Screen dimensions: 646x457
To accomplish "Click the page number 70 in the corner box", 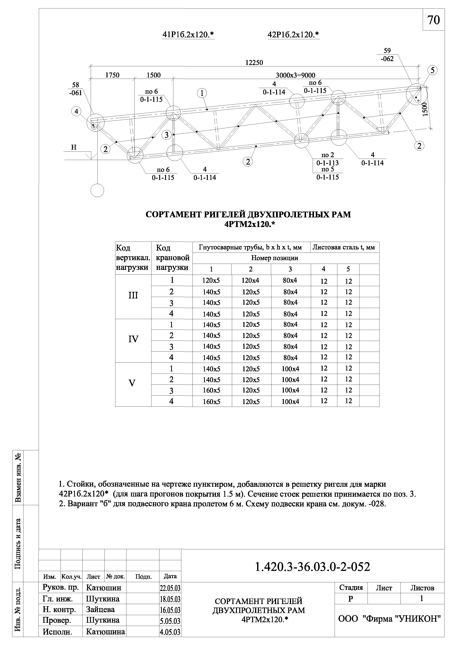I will (x=433, y=20).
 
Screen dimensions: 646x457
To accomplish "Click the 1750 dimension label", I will (x=112, y=75).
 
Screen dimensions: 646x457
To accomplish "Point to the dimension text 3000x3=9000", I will (x=295, y=75).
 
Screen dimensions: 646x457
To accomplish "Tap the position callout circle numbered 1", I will (x=202, y=93).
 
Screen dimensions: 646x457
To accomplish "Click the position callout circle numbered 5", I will (x=432, y=70).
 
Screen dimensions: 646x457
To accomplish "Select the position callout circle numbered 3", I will (x=166, y=135).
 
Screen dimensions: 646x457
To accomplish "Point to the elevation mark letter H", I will (x=74, y=147).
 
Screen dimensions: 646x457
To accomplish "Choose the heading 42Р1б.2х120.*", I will (x=293, y=35).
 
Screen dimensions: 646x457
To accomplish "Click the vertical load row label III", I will (x=133, y=295).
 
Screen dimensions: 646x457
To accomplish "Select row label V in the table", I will (x=132, y=383).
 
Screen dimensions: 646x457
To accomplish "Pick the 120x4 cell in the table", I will (x=250, y=280).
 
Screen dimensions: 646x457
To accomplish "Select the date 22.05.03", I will (x=170, y=588).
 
